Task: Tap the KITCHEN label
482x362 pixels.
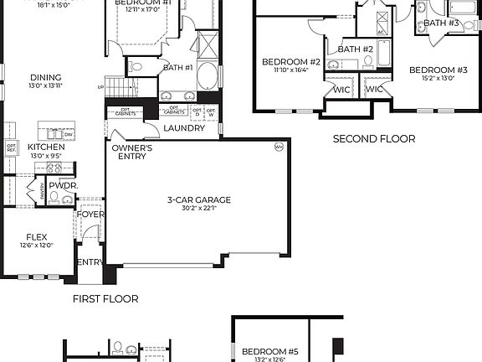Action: [x=46, y=147]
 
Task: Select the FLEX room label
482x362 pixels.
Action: [x=37, y=236]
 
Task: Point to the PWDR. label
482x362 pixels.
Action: [x=62, y=185]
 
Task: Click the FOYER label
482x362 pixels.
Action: [x=91, y=215]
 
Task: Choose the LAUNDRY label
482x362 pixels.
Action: [x=184, y=128]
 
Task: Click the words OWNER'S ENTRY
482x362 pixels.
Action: [x=132, y=153]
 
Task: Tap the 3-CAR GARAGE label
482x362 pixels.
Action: [x=199, y=199]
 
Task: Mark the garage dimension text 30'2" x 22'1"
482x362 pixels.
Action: [x=199, y=209]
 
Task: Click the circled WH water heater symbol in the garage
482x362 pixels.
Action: [x=279, y=147]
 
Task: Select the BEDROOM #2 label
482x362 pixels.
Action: [x=291, y=62]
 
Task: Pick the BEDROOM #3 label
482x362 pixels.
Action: [x=438, y=70]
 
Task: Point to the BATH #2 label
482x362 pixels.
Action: [x=355, y=49]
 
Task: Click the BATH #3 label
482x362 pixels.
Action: [x=442, y=23]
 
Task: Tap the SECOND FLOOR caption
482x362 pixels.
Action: [x=374, y=139]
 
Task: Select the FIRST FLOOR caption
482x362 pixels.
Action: [x=105, y=298]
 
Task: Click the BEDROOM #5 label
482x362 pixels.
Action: [x=264, y=351]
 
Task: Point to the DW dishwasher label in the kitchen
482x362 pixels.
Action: [x=69, y=134]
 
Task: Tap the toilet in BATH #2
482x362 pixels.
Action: [x=332, y=65]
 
